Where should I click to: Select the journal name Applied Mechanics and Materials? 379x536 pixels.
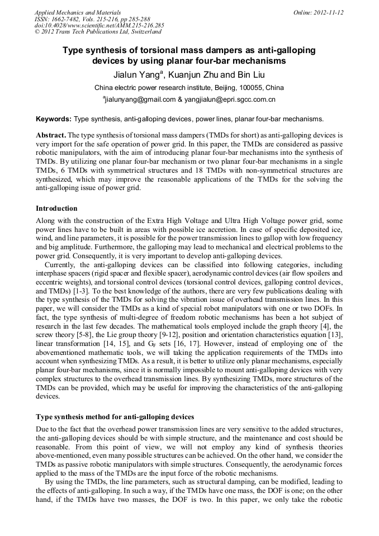coord(72,12)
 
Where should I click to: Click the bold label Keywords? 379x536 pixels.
coord(54,119)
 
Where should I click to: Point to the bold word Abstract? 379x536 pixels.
coord(51,135)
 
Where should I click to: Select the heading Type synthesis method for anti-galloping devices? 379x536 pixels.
coord(115,417)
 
